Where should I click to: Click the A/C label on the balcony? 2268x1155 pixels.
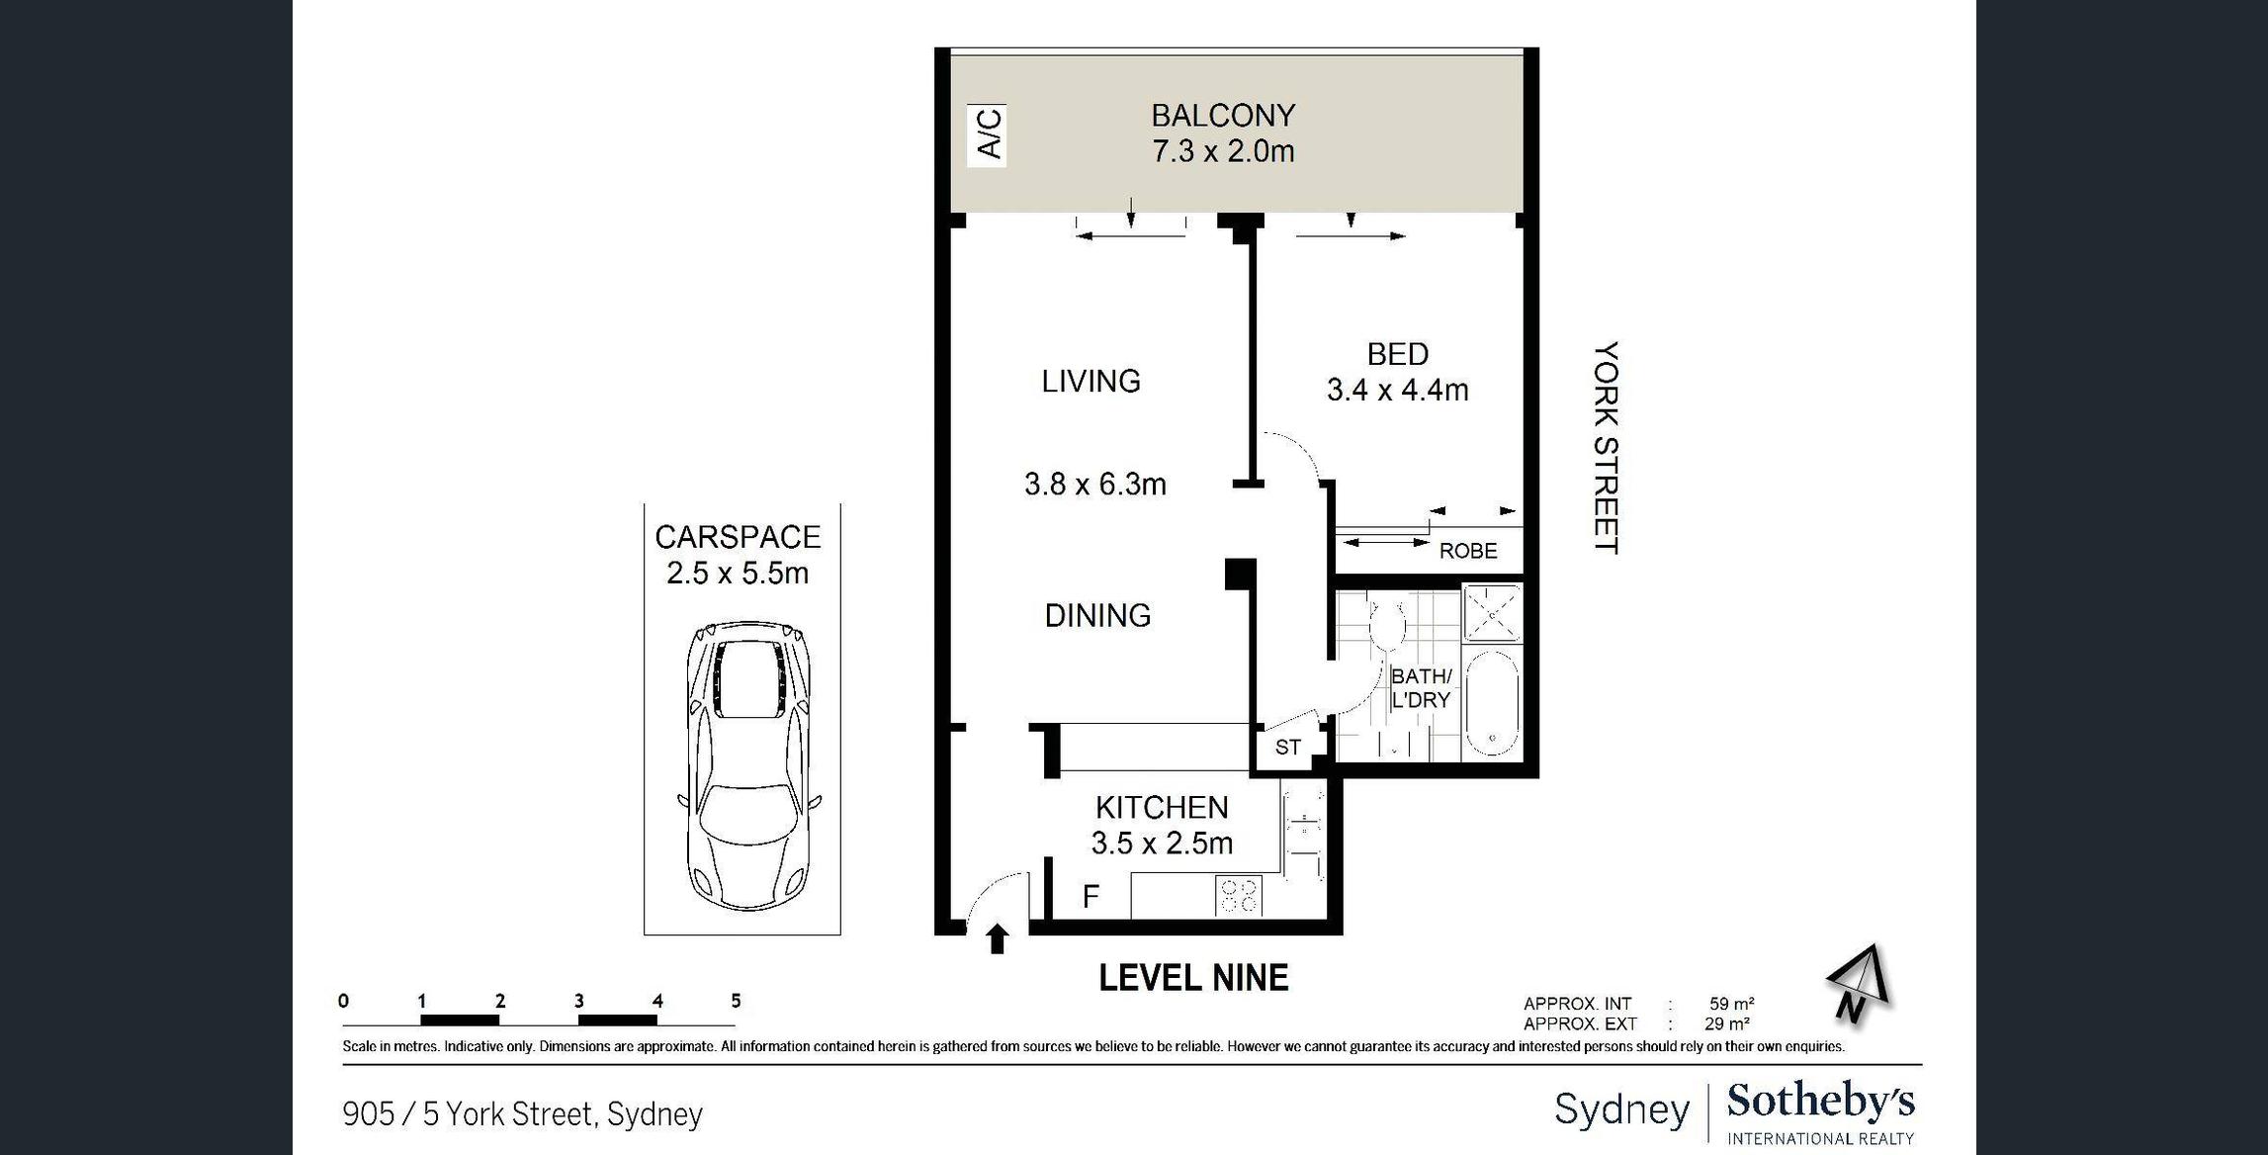989,134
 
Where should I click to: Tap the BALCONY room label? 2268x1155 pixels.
1223,116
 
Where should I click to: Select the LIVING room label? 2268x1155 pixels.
1091,381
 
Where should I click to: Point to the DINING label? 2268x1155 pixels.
1097,615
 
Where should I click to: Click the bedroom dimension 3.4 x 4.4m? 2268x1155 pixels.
1397,390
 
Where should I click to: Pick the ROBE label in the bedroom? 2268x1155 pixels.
1468,551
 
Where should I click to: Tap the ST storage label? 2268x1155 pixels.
1287,748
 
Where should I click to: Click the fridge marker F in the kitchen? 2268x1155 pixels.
1090,896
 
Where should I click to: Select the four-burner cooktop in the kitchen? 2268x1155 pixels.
1239,896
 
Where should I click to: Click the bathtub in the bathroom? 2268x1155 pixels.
1492,702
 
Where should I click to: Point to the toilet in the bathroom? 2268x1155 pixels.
1388,622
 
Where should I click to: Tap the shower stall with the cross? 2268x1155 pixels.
1492,613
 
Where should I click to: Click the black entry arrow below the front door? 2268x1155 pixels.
997,938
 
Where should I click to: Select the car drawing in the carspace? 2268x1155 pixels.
748,765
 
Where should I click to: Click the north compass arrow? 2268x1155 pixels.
1859,984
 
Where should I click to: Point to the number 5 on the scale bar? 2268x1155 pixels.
736,1001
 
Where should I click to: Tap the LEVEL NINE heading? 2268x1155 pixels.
1193,978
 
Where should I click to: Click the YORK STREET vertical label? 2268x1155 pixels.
1607,448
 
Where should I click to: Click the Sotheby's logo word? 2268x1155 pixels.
1820,1102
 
